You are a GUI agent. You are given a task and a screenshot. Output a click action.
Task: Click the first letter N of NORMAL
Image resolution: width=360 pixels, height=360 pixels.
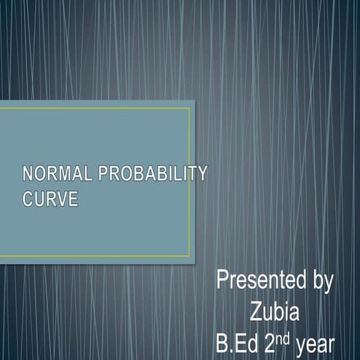28,175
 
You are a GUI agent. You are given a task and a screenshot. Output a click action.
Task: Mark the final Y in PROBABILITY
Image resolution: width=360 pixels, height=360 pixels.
200,175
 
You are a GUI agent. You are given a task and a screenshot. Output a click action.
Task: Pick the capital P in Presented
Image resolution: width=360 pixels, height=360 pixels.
223,281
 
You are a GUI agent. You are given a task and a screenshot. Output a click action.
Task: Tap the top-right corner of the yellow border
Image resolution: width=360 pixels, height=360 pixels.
190,108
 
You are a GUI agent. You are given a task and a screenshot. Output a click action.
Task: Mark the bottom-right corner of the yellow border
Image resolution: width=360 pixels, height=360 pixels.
190,256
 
